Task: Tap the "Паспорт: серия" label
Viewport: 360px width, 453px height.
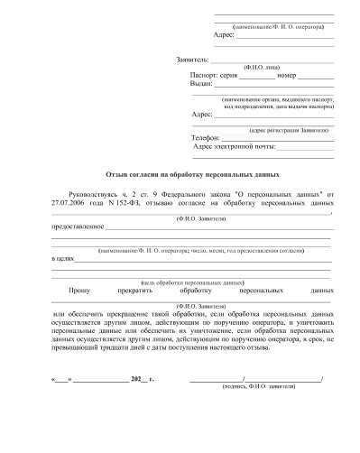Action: pos(213,75)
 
